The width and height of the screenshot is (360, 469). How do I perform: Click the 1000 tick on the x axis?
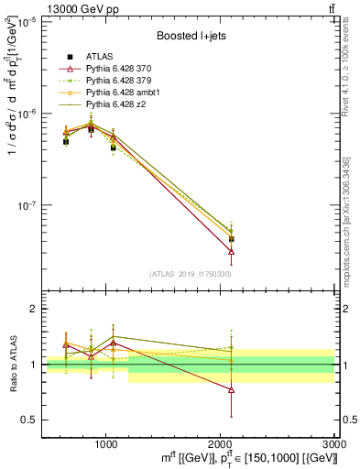(106, 443)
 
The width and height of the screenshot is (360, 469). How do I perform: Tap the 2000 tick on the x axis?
(221, 443)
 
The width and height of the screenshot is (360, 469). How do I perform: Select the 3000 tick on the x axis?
(334, 443)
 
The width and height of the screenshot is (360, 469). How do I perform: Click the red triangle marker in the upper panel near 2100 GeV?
(232, 250)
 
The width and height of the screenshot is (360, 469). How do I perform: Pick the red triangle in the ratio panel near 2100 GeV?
(232, 389)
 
